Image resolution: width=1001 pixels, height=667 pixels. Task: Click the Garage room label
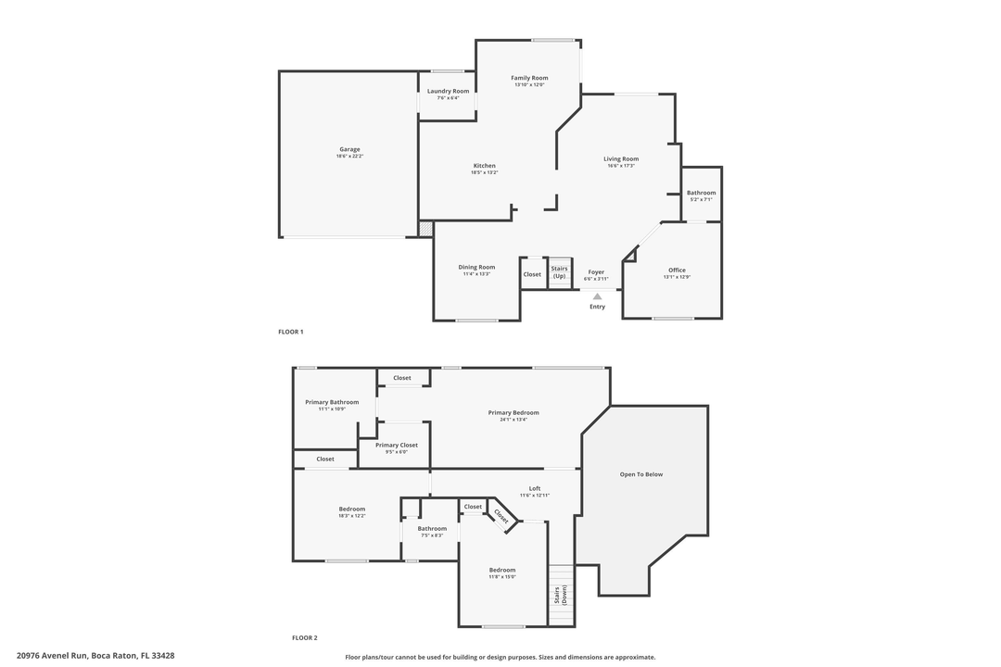(349, 149)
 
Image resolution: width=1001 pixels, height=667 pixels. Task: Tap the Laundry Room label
(448, 91)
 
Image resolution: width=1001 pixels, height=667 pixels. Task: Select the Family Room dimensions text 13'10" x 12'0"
(529, 85)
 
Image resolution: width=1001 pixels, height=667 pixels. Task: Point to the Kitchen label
(484, 166)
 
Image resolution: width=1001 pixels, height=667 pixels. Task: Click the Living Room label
(621, 158)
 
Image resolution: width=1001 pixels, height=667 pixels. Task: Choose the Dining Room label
(476, 267)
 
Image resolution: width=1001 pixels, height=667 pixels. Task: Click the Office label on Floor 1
(677, 270)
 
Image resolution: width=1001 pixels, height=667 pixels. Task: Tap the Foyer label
(596, 271)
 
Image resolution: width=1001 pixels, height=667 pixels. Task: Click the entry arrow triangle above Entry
(597, 296)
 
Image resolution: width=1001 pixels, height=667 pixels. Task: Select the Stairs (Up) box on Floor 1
(560, 272)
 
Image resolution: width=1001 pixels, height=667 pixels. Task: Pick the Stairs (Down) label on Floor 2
(560, 596)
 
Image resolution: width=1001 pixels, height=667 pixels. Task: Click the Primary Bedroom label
(513, 412)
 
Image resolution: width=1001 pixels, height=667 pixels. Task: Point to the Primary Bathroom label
(332, 402)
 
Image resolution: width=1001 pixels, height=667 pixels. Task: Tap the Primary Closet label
(396, 445)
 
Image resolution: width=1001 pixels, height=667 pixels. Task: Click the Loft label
(535, 488)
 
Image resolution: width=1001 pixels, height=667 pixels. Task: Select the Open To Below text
(641, 474)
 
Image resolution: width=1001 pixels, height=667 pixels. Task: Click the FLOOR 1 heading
(290, 332)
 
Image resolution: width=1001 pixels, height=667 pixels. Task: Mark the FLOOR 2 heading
(304, 637)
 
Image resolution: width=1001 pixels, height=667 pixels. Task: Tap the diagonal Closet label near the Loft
(501, 516)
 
